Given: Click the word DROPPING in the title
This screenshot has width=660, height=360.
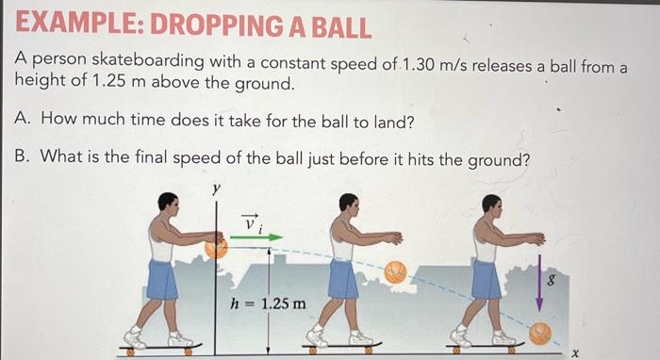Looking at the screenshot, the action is [x=216, y=25].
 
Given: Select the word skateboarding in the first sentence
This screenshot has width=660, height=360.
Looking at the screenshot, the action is [x=148, y=62].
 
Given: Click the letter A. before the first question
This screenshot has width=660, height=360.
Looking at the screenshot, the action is [x=22, y=118].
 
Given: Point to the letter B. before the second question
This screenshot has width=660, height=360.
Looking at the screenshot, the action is [x=22, y=156].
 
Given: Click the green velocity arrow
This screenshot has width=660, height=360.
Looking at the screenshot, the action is [x=256, y=237].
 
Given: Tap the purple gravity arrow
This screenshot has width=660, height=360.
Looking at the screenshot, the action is [x=539, y=283].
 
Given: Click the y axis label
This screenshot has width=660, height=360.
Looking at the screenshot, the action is [x=216, y=189].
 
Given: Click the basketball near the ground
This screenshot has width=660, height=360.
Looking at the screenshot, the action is [x=540, y=334].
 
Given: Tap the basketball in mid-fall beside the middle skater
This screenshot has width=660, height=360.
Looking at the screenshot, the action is [x=395, y=272].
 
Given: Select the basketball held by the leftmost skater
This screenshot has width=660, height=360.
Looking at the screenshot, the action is [x=216, y=248].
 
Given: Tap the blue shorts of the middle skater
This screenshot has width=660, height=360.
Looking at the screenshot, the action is [x=343, y=279].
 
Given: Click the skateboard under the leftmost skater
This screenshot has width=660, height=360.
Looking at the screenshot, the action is [x=160, y=349].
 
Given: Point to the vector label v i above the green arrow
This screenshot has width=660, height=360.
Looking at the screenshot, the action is [x=252, y=222].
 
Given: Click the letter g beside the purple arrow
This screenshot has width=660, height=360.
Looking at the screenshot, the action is [x=551, y=280].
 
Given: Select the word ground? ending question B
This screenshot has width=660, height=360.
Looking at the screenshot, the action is [x=498, y=160].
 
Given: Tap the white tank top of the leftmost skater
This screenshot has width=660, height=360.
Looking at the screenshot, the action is [x=162, y=242].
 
